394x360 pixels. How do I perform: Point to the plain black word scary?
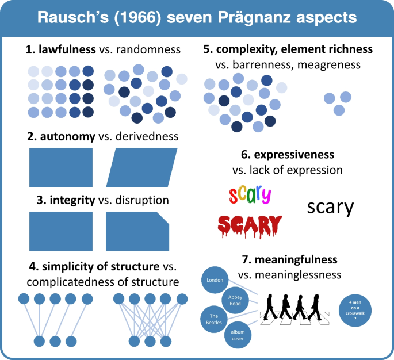tap(330, 206)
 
